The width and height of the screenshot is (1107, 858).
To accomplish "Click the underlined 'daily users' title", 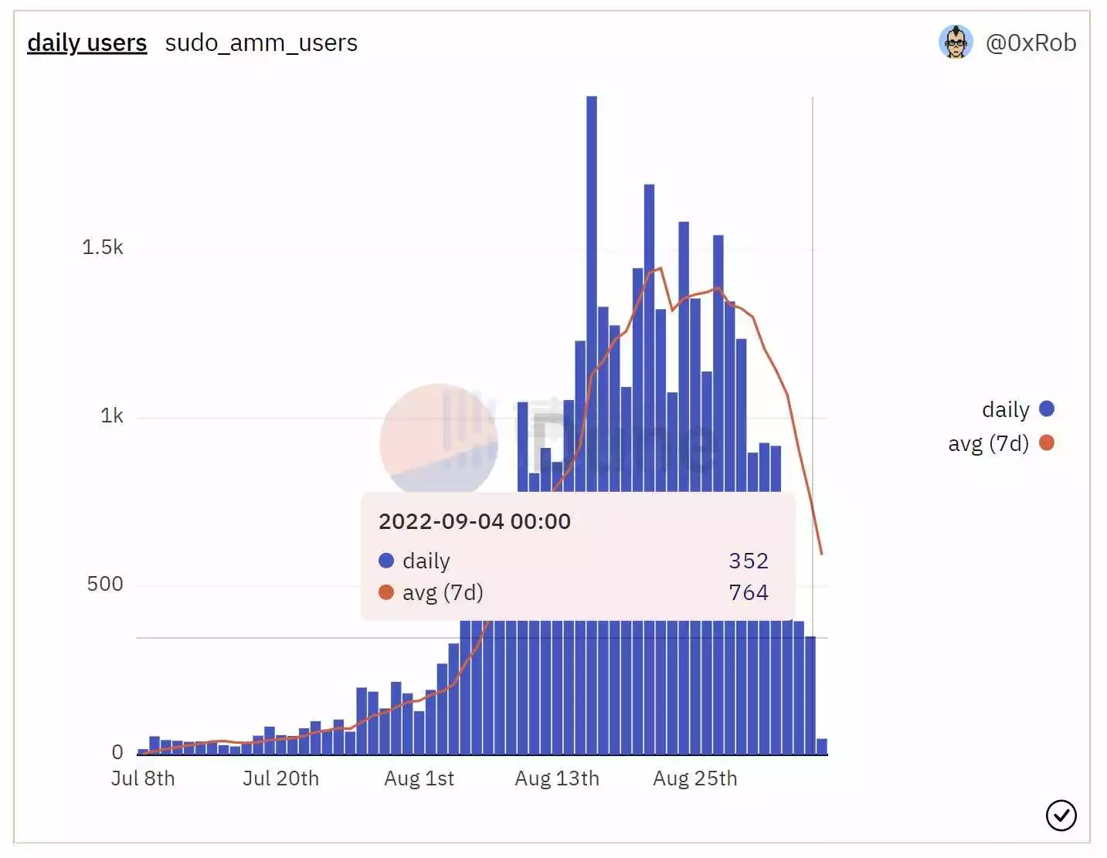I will tap(87, 42).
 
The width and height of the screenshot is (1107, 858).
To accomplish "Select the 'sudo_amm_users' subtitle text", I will tap(261, 42).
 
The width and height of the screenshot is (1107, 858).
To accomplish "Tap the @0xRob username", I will tap(1031, 42).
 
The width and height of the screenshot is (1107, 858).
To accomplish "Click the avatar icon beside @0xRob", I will tap(956, 42).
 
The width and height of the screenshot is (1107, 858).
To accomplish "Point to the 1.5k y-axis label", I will tap(102, 247).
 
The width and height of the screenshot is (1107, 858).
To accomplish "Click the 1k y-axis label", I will tap(111, 416).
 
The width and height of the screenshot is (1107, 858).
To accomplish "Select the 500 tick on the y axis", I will tap(104, 584).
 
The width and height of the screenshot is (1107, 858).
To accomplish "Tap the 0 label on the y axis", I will tap(117, 751).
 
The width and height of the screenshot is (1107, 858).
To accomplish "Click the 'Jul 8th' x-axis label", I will tap(143, 778).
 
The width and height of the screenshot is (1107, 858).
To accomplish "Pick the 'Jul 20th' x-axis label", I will tap(280, 778).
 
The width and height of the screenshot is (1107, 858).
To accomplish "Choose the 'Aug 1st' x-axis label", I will tap(419, 778).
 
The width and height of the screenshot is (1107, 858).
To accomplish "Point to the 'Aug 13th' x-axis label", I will tap(557, 778).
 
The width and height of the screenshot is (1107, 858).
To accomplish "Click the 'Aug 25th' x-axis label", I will tap(694, 778).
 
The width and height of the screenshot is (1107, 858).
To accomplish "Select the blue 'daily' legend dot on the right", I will tap(1047, 409).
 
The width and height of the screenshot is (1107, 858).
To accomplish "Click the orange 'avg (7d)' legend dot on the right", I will tap(1047, 443).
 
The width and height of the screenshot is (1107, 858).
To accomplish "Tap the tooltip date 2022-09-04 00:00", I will tap(474, 521).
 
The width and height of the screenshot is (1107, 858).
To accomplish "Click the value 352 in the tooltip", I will tap(748, 561).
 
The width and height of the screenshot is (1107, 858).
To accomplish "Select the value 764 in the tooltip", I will tap(748, 592).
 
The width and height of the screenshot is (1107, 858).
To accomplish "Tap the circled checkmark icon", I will tap(1061, 815).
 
